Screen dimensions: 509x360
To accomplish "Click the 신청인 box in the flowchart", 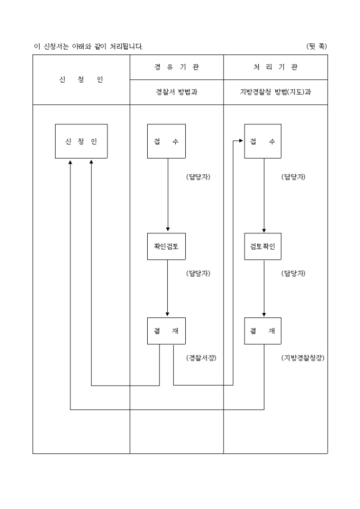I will (x=81, y=141).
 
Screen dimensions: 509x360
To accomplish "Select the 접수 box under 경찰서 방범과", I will (x=166, y=141).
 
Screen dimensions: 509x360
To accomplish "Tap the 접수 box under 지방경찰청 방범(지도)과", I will (x=263, y=141).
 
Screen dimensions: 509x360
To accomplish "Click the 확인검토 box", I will (x=166, y=246).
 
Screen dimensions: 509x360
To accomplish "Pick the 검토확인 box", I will (x=263, y=246).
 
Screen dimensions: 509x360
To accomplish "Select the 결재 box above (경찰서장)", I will (x=166, y=331).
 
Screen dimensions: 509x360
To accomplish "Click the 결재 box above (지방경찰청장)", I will (x=263, y=331).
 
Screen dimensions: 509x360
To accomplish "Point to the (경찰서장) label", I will (x=202, y=358).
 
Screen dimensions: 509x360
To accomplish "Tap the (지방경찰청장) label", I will (x=303, y=358).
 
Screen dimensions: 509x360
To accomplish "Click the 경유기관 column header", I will (x=177, y=67).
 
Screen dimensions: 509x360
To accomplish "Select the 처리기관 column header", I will (x=275, y=67).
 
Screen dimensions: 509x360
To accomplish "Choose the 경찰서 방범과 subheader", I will (x=177, y=92).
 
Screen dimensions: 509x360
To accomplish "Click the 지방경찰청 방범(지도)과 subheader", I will (x=275, y=92).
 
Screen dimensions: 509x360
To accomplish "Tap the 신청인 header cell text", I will (x=81, y=79).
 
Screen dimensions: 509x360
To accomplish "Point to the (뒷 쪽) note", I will (x=317, y=46).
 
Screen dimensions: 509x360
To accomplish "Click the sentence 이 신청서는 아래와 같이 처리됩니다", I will (x=88, y=46).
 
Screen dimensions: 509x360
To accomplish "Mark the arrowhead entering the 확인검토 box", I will (x=168, y=229).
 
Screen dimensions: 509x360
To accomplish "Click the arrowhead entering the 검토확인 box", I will (x=264, y=229).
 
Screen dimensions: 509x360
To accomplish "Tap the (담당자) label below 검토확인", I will (x=293, y=274).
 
